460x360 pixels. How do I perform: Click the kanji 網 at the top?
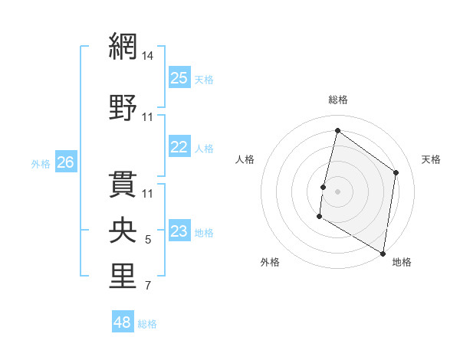tap(123, 47)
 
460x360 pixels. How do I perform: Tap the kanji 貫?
tap(123, 184)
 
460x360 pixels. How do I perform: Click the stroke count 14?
tap(148, 56)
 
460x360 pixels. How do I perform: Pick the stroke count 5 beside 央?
tap(148, 240)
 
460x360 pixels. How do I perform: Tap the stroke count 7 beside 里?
tap(148, 286)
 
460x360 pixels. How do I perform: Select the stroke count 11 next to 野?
tap(148, 116)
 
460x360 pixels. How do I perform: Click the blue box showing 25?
tap(179, 77)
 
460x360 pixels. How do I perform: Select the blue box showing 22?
tap(179, 147)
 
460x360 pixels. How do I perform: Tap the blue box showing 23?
tap(179, 231)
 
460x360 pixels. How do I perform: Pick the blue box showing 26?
tap(66, 162)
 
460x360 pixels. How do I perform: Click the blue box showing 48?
tap(123, 322)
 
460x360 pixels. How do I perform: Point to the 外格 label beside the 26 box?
tap(41, 163)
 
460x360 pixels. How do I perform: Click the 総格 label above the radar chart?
tap(338, 100)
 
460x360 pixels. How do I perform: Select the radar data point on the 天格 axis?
tap(396, 172)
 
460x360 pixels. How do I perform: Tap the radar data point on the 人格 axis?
tap(324, 187)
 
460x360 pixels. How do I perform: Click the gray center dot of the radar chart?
tap(338, 191)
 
